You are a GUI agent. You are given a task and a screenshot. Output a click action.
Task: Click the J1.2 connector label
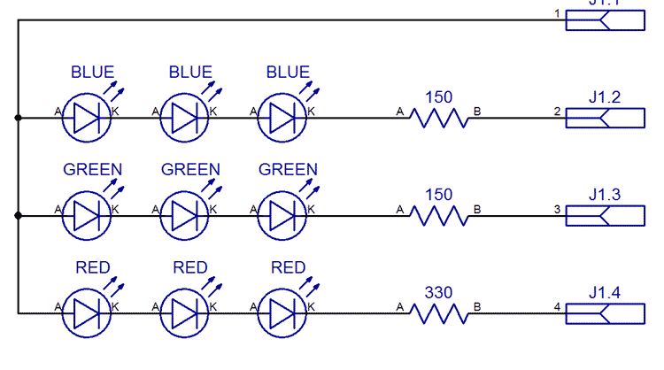605,96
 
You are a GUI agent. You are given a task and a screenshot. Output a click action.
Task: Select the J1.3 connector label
605,194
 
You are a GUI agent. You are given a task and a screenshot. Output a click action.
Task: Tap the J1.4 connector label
605,291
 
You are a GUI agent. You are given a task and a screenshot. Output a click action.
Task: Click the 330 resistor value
439,291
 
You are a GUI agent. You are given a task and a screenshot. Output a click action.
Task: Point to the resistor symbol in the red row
439,312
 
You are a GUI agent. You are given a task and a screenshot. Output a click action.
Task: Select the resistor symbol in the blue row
439,118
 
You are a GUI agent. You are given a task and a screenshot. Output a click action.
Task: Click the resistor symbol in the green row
439,215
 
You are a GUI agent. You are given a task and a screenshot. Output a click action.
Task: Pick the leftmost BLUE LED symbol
86,117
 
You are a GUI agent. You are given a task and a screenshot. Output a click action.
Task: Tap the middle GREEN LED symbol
183,214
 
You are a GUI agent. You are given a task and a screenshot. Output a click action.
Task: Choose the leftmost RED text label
92,267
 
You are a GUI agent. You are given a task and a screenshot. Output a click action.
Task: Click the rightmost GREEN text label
288,170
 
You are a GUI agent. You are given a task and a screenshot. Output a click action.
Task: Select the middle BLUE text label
190,72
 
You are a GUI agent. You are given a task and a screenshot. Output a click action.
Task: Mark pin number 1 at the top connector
556,14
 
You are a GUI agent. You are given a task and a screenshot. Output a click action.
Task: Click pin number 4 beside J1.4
556,307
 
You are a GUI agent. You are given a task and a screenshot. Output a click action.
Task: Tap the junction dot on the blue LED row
18,117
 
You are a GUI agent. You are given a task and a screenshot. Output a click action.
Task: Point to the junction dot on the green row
18,215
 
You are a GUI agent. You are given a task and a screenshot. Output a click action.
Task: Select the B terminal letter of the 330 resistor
477,307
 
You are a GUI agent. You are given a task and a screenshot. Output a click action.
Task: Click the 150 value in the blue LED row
439,96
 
